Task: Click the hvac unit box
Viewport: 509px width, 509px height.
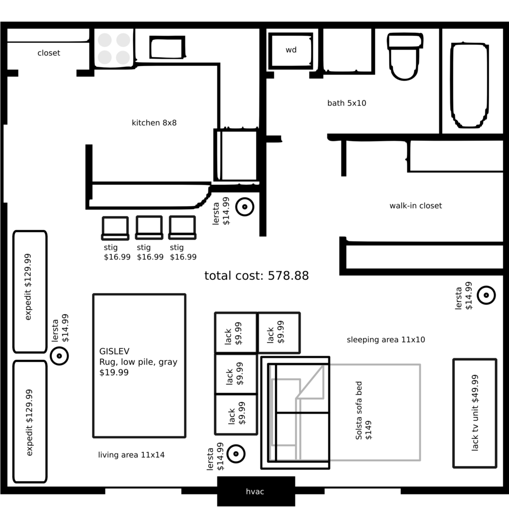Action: click(x=255, y=492)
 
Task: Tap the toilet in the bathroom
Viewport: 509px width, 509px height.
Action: click(x=405, y=56)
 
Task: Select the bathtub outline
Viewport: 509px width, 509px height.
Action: click(x=469, y=85)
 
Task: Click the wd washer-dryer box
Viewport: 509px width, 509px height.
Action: click(x=291, y=50)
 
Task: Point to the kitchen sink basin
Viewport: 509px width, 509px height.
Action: click(x=167, y=48)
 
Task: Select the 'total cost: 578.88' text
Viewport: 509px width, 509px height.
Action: click(x=256, y=276)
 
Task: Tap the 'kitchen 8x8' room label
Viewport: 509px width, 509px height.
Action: click(x=154, y=123)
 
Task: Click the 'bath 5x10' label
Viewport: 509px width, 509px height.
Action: click(x=346, y=103)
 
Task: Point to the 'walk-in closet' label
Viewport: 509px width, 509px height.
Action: click(x=416, y=206)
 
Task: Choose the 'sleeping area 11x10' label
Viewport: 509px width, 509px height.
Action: click(x=386, y=340)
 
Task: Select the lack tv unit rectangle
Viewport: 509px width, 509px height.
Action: click(x=474, y=413)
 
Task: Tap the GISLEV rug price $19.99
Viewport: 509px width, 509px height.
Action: click(x=114, y=372)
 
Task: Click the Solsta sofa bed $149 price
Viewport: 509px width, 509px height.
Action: click(x=369, y=430)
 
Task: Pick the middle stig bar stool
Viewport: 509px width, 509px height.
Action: click(x=149, y=228)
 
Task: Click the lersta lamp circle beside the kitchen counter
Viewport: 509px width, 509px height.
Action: click(x=245, y=207)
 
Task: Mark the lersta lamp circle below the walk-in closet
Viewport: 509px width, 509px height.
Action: click(x=486, y=295)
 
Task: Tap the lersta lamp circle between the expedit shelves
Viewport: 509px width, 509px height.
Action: click(x=59, y=356)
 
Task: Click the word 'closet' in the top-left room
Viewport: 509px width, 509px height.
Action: click(x=49, y=53)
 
